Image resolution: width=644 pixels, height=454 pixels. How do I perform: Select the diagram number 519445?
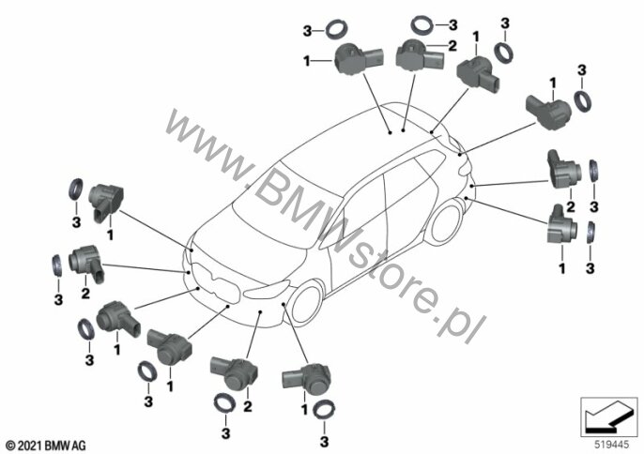pos(611,445)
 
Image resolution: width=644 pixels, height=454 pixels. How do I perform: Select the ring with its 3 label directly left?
pos(336,30)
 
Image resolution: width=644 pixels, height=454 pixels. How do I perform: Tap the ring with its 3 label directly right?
pos(422,24)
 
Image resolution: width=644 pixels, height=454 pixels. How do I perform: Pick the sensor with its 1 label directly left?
pos(359,59)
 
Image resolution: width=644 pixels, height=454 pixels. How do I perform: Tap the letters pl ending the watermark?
pos(466,325)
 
